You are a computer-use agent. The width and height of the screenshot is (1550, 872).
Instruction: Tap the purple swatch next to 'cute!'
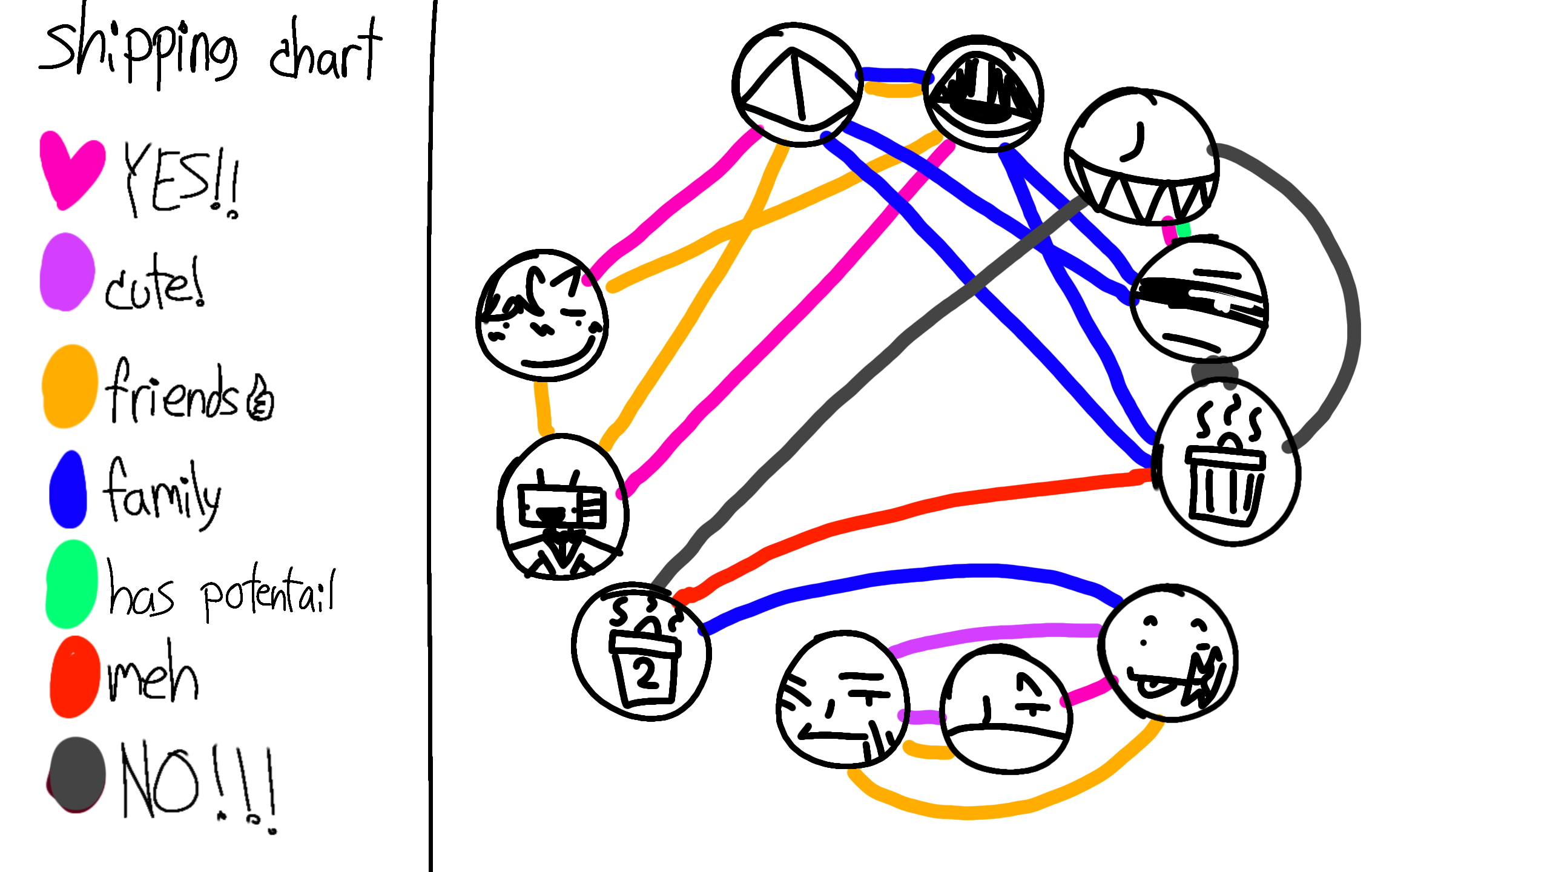[67, 272]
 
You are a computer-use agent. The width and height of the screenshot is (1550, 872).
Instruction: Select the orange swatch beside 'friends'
[70, 386]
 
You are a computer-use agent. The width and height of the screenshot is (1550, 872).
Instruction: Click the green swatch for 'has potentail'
[71, 584]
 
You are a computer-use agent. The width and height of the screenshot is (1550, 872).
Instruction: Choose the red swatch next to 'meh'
[74, 677]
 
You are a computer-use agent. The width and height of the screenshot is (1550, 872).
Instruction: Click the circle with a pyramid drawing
[797, 85]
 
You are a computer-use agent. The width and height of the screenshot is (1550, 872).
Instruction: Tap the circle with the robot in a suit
[562, 507]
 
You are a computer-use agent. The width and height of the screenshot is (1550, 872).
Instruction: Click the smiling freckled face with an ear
[542, 315]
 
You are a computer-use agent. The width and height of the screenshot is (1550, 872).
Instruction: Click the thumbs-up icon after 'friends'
[261, 400]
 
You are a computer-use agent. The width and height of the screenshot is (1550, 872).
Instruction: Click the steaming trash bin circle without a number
[1227, 463]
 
